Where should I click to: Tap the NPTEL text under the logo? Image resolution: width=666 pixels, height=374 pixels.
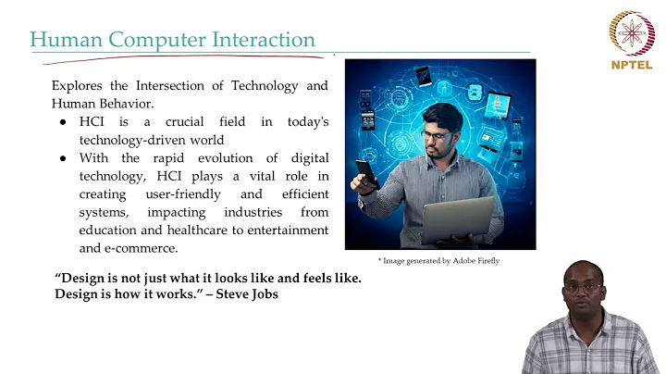coord(632,64)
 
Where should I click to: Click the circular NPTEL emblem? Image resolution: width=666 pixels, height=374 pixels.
coord(632,32)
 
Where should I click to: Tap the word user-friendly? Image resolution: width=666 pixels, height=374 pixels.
coord(184,194)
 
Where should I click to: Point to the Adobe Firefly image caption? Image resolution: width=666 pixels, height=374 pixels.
coord(438,261)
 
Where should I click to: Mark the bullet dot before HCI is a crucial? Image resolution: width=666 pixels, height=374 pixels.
coord(63,122)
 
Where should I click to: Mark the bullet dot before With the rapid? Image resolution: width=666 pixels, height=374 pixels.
coord(63,158)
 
